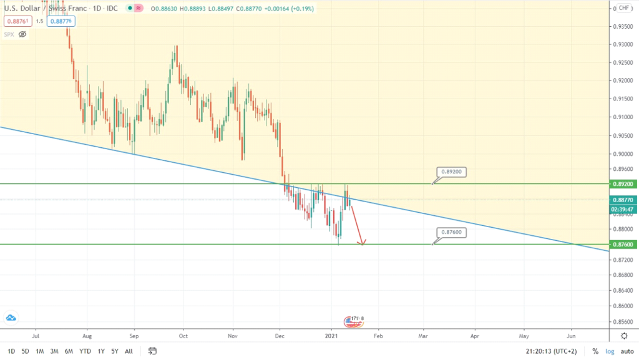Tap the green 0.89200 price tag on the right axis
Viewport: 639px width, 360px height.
pos(624,184)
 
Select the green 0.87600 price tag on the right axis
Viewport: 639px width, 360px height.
pos(624,245)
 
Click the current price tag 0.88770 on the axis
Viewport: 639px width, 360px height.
pos(624,200)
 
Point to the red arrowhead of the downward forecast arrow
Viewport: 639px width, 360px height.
pos(362,242)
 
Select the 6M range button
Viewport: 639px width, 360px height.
pos(69,351)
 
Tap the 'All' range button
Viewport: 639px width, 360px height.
pos(129,351)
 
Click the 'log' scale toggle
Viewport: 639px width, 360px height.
pos(610,351)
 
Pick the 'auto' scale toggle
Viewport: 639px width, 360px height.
pos(625,351)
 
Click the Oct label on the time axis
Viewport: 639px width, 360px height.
pos(183,334)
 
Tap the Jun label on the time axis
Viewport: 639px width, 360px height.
pos(571,334)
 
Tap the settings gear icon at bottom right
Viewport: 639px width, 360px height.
pos(624,336)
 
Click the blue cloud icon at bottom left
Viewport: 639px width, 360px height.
pos(11,318)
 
